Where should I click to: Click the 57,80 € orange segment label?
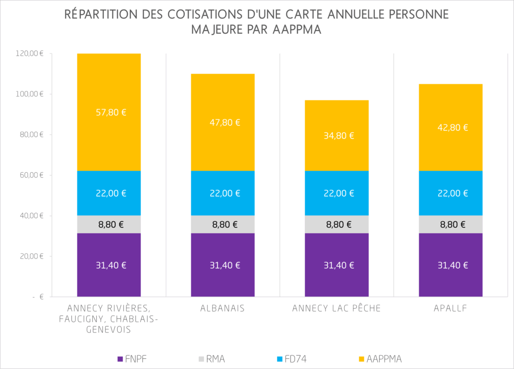pyautogui.click(x=110, y=112)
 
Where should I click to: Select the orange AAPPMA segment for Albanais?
pyautogui.click(x=223, y=145)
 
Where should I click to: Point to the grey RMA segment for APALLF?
pyautogui.click(x=451, y=225)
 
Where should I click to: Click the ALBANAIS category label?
pyautogui.click(x=222, y=308)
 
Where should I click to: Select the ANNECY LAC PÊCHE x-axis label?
pyautogui.click(x=336, y=308)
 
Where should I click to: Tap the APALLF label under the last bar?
pyautogui.click(x=451, y=308)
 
